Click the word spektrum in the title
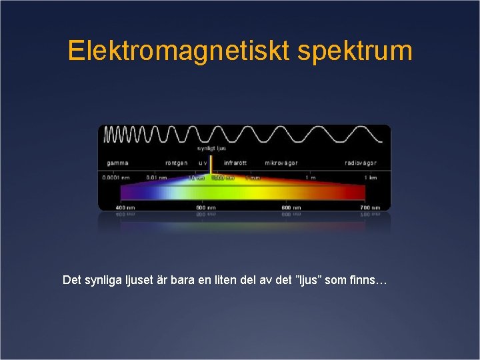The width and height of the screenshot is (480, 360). (x=355, y=51)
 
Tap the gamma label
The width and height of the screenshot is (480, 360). (x=117, y=163)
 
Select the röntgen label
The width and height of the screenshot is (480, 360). (x=177, y=163)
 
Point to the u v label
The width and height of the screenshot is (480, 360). (x=202, y=163)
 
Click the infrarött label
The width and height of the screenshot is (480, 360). (x=235, y=163)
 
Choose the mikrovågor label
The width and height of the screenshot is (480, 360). (x=281, y=163)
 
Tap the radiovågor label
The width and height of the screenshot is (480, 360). (x=361, y=163)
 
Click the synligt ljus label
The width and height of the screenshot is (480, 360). (x=211, y=149)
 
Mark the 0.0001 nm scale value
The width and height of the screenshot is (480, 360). (x=116, y=177)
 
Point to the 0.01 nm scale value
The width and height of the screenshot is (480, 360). (x=157, y=177)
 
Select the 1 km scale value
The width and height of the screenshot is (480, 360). (x=370, y=177)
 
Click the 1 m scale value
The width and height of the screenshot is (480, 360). (x=311, y=177)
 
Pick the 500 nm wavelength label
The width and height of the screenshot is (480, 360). (x=206, y=207)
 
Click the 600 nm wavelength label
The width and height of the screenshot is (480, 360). (x=287, y=207)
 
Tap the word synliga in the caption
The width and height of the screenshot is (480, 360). (x=101, y=280)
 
